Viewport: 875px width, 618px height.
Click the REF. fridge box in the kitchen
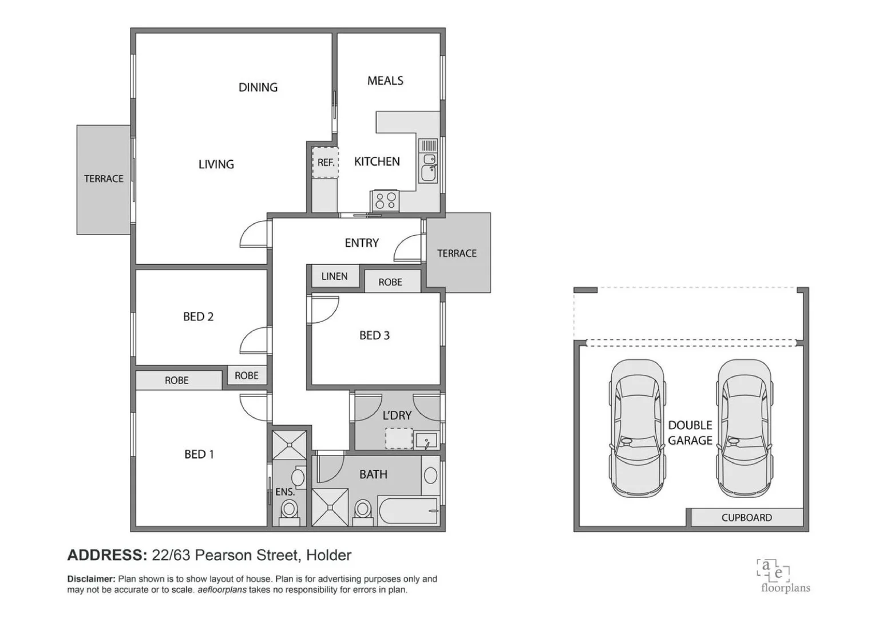[325, 163]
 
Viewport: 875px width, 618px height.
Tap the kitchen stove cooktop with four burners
[385, 201]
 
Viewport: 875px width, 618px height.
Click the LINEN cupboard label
[334, 276]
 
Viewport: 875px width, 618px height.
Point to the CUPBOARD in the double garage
[746, 517]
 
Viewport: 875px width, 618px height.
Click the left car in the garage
[636, 429]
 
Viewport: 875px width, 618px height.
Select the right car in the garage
[744, 429]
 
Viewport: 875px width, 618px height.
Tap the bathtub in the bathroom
[408, 509]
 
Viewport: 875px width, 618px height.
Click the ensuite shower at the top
[289, 445]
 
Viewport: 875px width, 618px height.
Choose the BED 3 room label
[374, 335]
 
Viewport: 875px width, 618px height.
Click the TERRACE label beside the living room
[104, 179]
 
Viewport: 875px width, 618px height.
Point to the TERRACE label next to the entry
[457, 253]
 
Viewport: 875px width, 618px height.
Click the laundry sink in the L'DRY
[426, 441]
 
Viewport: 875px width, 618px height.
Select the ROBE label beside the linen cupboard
[390, 282]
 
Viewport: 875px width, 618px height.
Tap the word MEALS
[385, 81]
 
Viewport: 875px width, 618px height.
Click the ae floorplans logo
[785, 576]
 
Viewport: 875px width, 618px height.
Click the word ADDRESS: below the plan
[107, 555]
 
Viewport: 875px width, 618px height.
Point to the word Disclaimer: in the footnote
[91, 579]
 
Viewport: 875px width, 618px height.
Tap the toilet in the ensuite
[289, 510]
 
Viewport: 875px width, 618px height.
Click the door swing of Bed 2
[253, 341]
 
